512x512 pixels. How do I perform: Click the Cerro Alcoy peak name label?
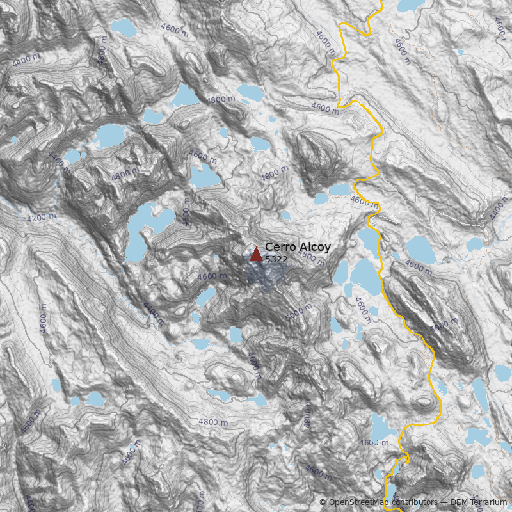[x=298, y=247]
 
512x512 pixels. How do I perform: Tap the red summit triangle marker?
[x=256, y=255]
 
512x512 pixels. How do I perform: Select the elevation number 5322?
[x=276, y=259]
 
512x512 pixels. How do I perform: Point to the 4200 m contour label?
[x=41, y=218]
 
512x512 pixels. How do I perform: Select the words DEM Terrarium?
[x=478, y=502]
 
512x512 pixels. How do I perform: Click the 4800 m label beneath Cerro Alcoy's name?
[x=312, y=257]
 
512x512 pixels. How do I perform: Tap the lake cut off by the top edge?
[x=408, y=5]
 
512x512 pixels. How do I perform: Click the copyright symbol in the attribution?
[x=323, y=502]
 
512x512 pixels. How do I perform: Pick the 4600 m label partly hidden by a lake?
[x=374, y=442]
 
